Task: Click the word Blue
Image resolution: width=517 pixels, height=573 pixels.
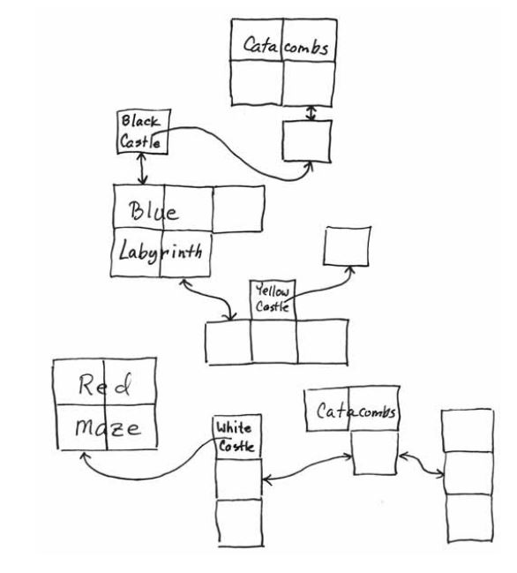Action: click(x=154, y=211)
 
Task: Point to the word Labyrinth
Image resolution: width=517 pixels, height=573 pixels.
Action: click(x=161, y=252)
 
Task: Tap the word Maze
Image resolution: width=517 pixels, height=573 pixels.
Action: click(x=108, y=427)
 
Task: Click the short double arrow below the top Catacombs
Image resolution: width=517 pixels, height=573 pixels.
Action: click(x=311, y=113)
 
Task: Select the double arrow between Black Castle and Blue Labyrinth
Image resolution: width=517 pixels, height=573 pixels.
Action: click(x=142, y=169)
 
